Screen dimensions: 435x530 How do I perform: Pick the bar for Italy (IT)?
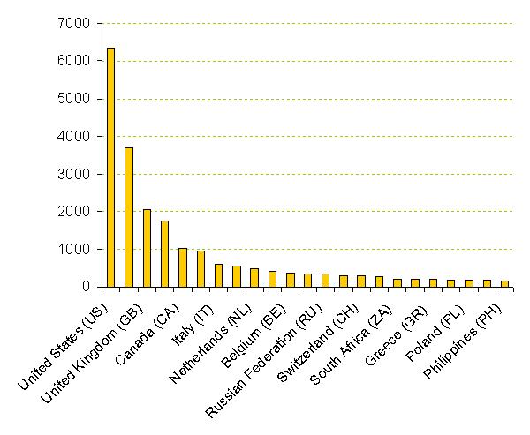(218, 275)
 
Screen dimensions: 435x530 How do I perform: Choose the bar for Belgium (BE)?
(290, 280)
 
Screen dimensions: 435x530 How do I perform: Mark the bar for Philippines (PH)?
(504, 283)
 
